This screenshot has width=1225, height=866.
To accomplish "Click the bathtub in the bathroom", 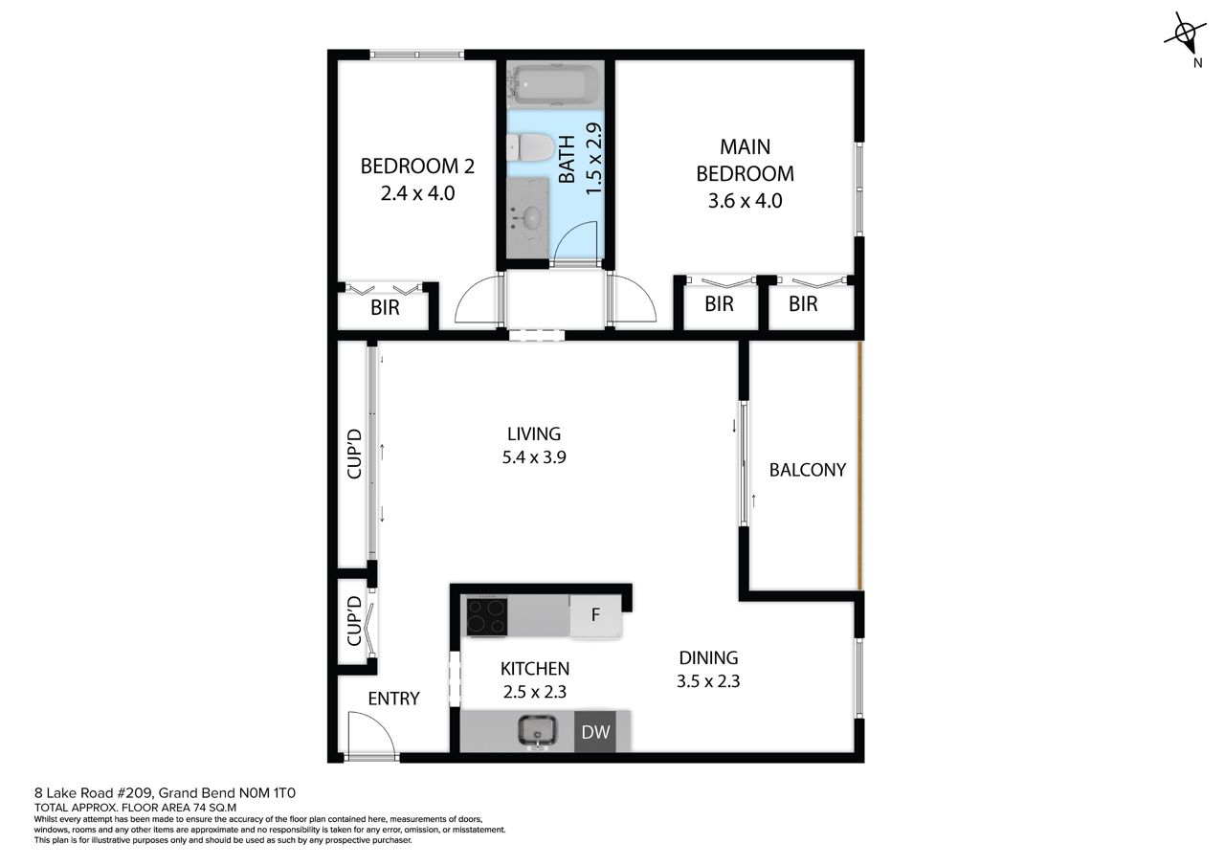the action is click(x=554, y=85).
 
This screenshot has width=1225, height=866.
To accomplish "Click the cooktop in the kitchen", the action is click(x=487, y=617).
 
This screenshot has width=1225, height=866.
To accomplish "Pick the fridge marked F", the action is click(x=595, y=615).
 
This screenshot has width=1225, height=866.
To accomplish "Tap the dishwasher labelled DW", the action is click(x=595, y=731).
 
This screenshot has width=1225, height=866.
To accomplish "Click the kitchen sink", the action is click(x=538, y=730).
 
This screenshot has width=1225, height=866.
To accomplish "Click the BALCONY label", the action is click(x=807, y=470).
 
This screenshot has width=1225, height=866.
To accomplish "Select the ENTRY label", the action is click(x=393, y=699).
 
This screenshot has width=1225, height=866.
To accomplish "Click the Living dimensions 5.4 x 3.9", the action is click(x=534, y=457).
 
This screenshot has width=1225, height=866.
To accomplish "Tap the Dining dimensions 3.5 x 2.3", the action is click(x=708, y=681).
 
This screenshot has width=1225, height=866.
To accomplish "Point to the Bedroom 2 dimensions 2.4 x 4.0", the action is click(x=417, y=193).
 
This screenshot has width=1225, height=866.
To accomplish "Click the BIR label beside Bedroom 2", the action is click(x=385, y=308).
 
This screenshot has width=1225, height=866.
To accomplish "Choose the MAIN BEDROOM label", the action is click(x=745, y=160).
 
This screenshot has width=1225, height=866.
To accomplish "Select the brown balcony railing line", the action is click(x=859, y=465).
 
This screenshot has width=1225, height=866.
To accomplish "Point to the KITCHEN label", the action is click(x=535, y=669).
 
